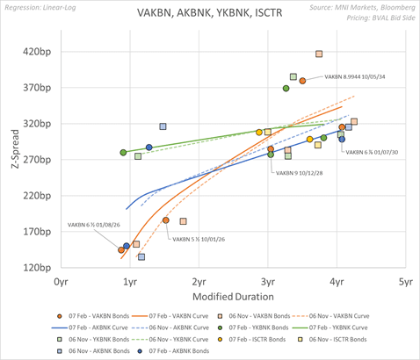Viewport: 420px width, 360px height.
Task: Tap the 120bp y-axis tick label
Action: [x=36, y=268]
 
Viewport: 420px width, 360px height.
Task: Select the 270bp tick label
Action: [x=36, y=160]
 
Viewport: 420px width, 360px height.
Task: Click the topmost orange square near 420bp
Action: [x=319, y=54]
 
